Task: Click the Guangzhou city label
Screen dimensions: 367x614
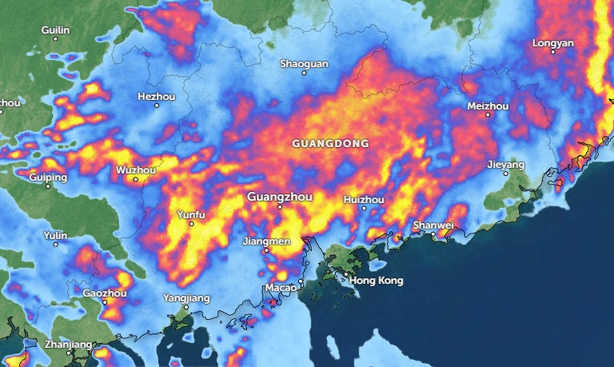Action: [280, 197]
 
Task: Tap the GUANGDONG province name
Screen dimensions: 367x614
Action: [330, 144]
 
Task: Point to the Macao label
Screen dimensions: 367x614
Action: [281, 288]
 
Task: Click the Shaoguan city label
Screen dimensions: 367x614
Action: [304, 63]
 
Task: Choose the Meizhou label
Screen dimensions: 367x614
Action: [488, 106]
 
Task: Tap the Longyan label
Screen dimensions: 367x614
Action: [552, 42]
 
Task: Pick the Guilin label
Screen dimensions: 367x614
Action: [56, 30]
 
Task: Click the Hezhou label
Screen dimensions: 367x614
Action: [156, 96]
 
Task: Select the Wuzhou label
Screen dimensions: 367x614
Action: [136, 170]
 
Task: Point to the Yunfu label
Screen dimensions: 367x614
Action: [190, 214]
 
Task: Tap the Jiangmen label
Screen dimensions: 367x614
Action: [266, 241]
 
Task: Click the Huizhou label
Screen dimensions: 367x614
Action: [364, 199]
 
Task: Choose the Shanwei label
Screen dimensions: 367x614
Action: [433, 225]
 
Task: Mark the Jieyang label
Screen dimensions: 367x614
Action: [505, 165]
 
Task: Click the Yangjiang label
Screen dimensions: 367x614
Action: [186, 298]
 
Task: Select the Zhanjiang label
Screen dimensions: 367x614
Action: [69, 345]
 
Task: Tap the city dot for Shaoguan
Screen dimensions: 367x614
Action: [304, 73]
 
